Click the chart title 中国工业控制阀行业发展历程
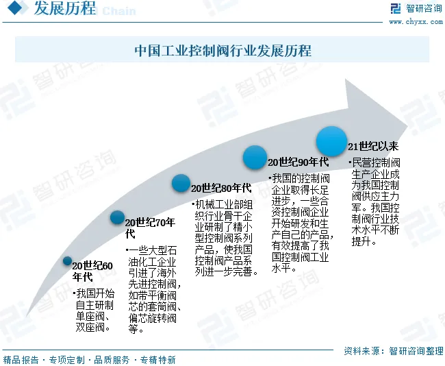222,51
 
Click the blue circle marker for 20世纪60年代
67,260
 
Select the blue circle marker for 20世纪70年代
118,218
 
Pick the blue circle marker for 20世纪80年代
181,182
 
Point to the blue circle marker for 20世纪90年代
255,158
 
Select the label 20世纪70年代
150,228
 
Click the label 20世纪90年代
298,162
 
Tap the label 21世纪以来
373,146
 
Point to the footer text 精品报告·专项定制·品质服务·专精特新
90,359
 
